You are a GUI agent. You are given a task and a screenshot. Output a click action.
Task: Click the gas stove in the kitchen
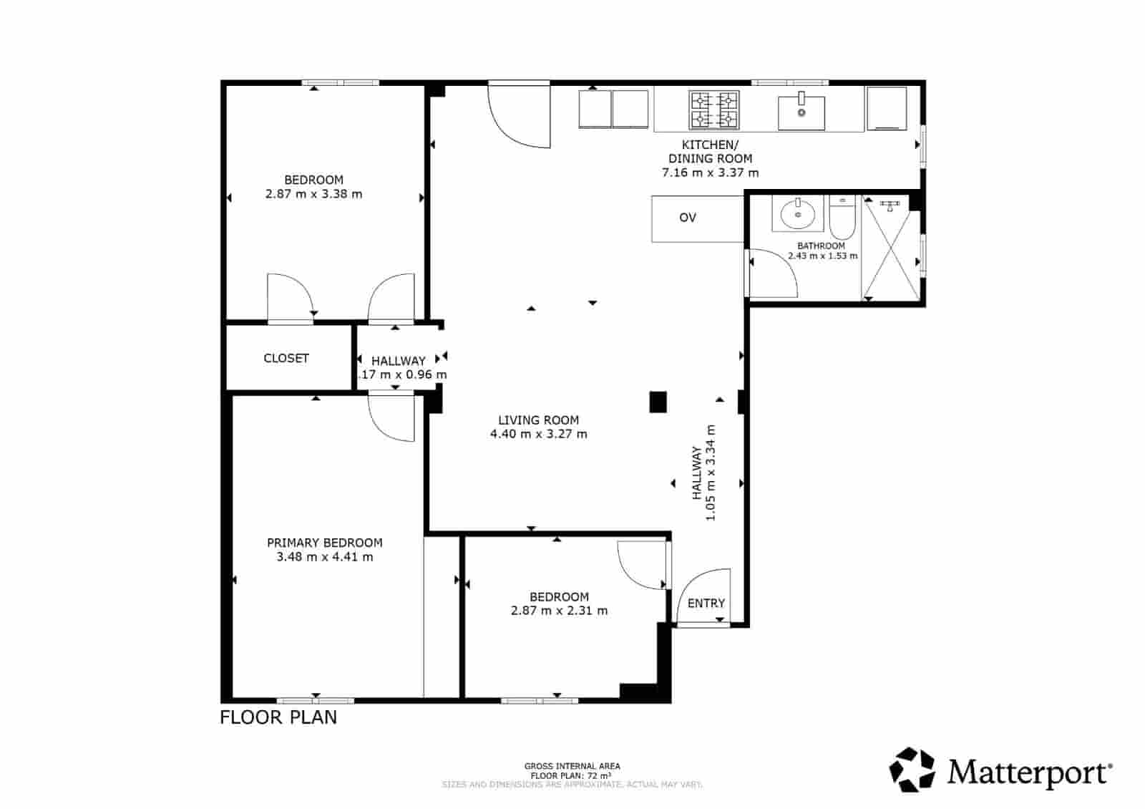point(714,110)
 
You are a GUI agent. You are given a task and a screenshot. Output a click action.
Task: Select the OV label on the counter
point(687,218)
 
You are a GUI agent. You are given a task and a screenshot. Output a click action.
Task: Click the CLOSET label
point(286,358)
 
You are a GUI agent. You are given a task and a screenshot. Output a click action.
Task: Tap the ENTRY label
point(706,603)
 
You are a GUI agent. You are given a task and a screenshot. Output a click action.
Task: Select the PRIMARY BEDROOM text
point(324,543)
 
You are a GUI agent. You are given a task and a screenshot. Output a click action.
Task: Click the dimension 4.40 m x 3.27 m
point(538,434)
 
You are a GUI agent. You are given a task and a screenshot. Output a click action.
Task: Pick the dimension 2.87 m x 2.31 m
point(559,611)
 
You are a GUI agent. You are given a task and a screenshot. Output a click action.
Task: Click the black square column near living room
point(658,402)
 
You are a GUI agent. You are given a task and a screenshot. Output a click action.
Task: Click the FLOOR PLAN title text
point(278,717)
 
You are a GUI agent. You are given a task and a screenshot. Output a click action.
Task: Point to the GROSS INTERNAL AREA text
point(572,766)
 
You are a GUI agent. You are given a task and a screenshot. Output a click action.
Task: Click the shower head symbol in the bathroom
point(889,205)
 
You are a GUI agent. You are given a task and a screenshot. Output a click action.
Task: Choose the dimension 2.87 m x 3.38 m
point(313,194)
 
